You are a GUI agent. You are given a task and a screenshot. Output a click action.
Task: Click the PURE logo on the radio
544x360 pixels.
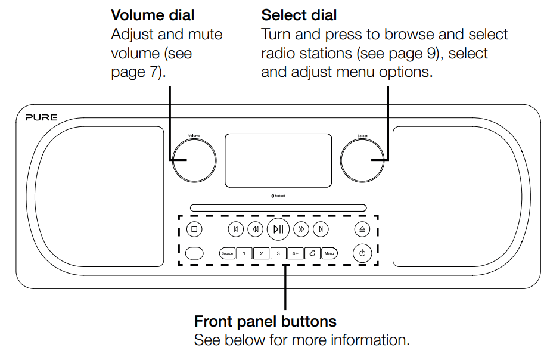(x=42, y=118)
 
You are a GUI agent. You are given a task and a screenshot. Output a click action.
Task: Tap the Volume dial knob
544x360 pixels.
(x=194, y=161)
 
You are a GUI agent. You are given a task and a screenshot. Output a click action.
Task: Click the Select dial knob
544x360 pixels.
(x=362, y=161)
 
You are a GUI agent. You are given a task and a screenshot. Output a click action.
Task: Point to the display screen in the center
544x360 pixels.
(x=278, y=160)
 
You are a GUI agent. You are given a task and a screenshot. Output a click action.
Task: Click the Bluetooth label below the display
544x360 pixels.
(x=278, y=195)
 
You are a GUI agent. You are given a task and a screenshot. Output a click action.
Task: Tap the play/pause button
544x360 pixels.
(x=278, y=229)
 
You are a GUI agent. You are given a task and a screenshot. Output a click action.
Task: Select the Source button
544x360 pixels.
(x=227, y=253)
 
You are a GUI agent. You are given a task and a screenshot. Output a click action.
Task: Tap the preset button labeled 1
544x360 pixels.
(x=244, y=253)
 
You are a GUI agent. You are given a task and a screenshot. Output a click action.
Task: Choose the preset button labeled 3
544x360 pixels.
(x=278, y=253)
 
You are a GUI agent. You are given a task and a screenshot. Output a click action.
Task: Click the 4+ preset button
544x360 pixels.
(x=296, y=253)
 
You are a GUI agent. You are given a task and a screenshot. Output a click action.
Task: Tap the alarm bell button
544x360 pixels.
(x=313, y=253)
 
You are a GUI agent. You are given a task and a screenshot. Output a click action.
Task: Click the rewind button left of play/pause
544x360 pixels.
(x=254, y=229)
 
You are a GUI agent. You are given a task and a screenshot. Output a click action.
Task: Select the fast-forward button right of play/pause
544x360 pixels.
(x=302, y=229)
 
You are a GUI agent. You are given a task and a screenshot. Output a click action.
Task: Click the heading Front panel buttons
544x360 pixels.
(x=265, y=322)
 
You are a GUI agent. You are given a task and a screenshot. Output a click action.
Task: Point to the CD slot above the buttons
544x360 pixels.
(x=278, y=208)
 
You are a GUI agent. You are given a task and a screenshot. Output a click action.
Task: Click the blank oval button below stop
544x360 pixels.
(x=194, y=253)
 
